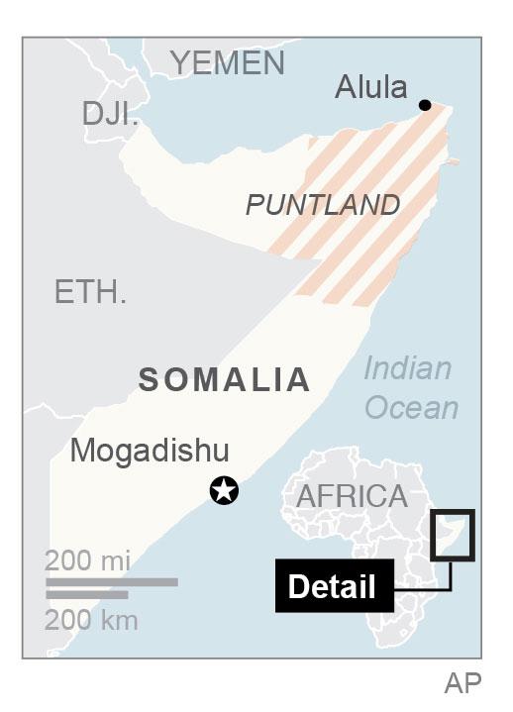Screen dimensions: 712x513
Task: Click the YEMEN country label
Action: pos(227,63)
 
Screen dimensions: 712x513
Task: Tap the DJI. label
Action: pos(110,114)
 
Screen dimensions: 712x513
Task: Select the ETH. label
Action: pos(90,292)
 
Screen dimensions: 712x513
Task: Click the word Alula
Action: pos(371,87)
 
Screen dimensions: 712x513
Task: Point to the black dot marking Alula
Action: pos(425,105)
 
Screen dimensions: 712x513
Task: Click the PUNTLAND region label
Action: pos(323,205)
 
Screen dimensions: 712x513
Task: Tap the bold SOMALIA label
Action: pos(224,379)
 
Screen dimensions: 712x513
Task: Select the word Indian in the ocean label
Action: pos(407,368)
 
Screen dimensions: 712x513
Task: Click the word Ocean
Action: pos(411,407)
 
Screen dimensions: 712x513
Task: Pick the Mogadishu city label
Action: pos(150,451)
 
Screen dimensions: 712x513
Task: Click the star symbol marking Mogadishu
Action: pos(225,489)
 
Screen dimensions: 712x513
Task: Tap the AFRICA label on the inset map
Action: pos(352,496)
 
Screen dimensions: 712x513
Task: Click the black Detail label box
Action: pos(332,586)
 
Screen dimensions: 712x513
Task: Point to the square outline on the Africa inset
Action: pos(454,536)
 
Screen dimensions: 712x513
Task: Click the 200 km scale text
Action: pos(91,621)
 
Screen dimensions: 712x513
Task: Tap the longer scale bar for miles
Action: pos(111,582)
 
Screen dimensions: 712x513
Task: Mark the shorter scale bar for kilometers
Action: pos(86,594)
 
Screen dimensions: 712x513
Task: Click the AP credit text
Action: pos(462,683)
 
